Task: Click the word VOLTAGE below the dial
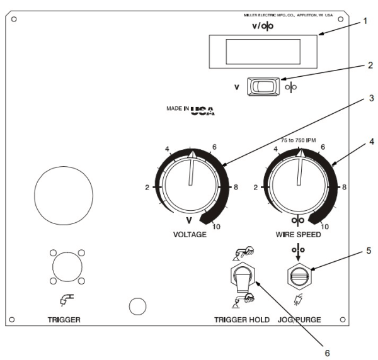point(190,234)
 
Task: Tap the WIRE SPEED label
point(299,234)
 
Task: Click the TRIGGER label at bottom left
point(64,319)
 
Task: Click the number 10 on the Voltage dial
point(216,227)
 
